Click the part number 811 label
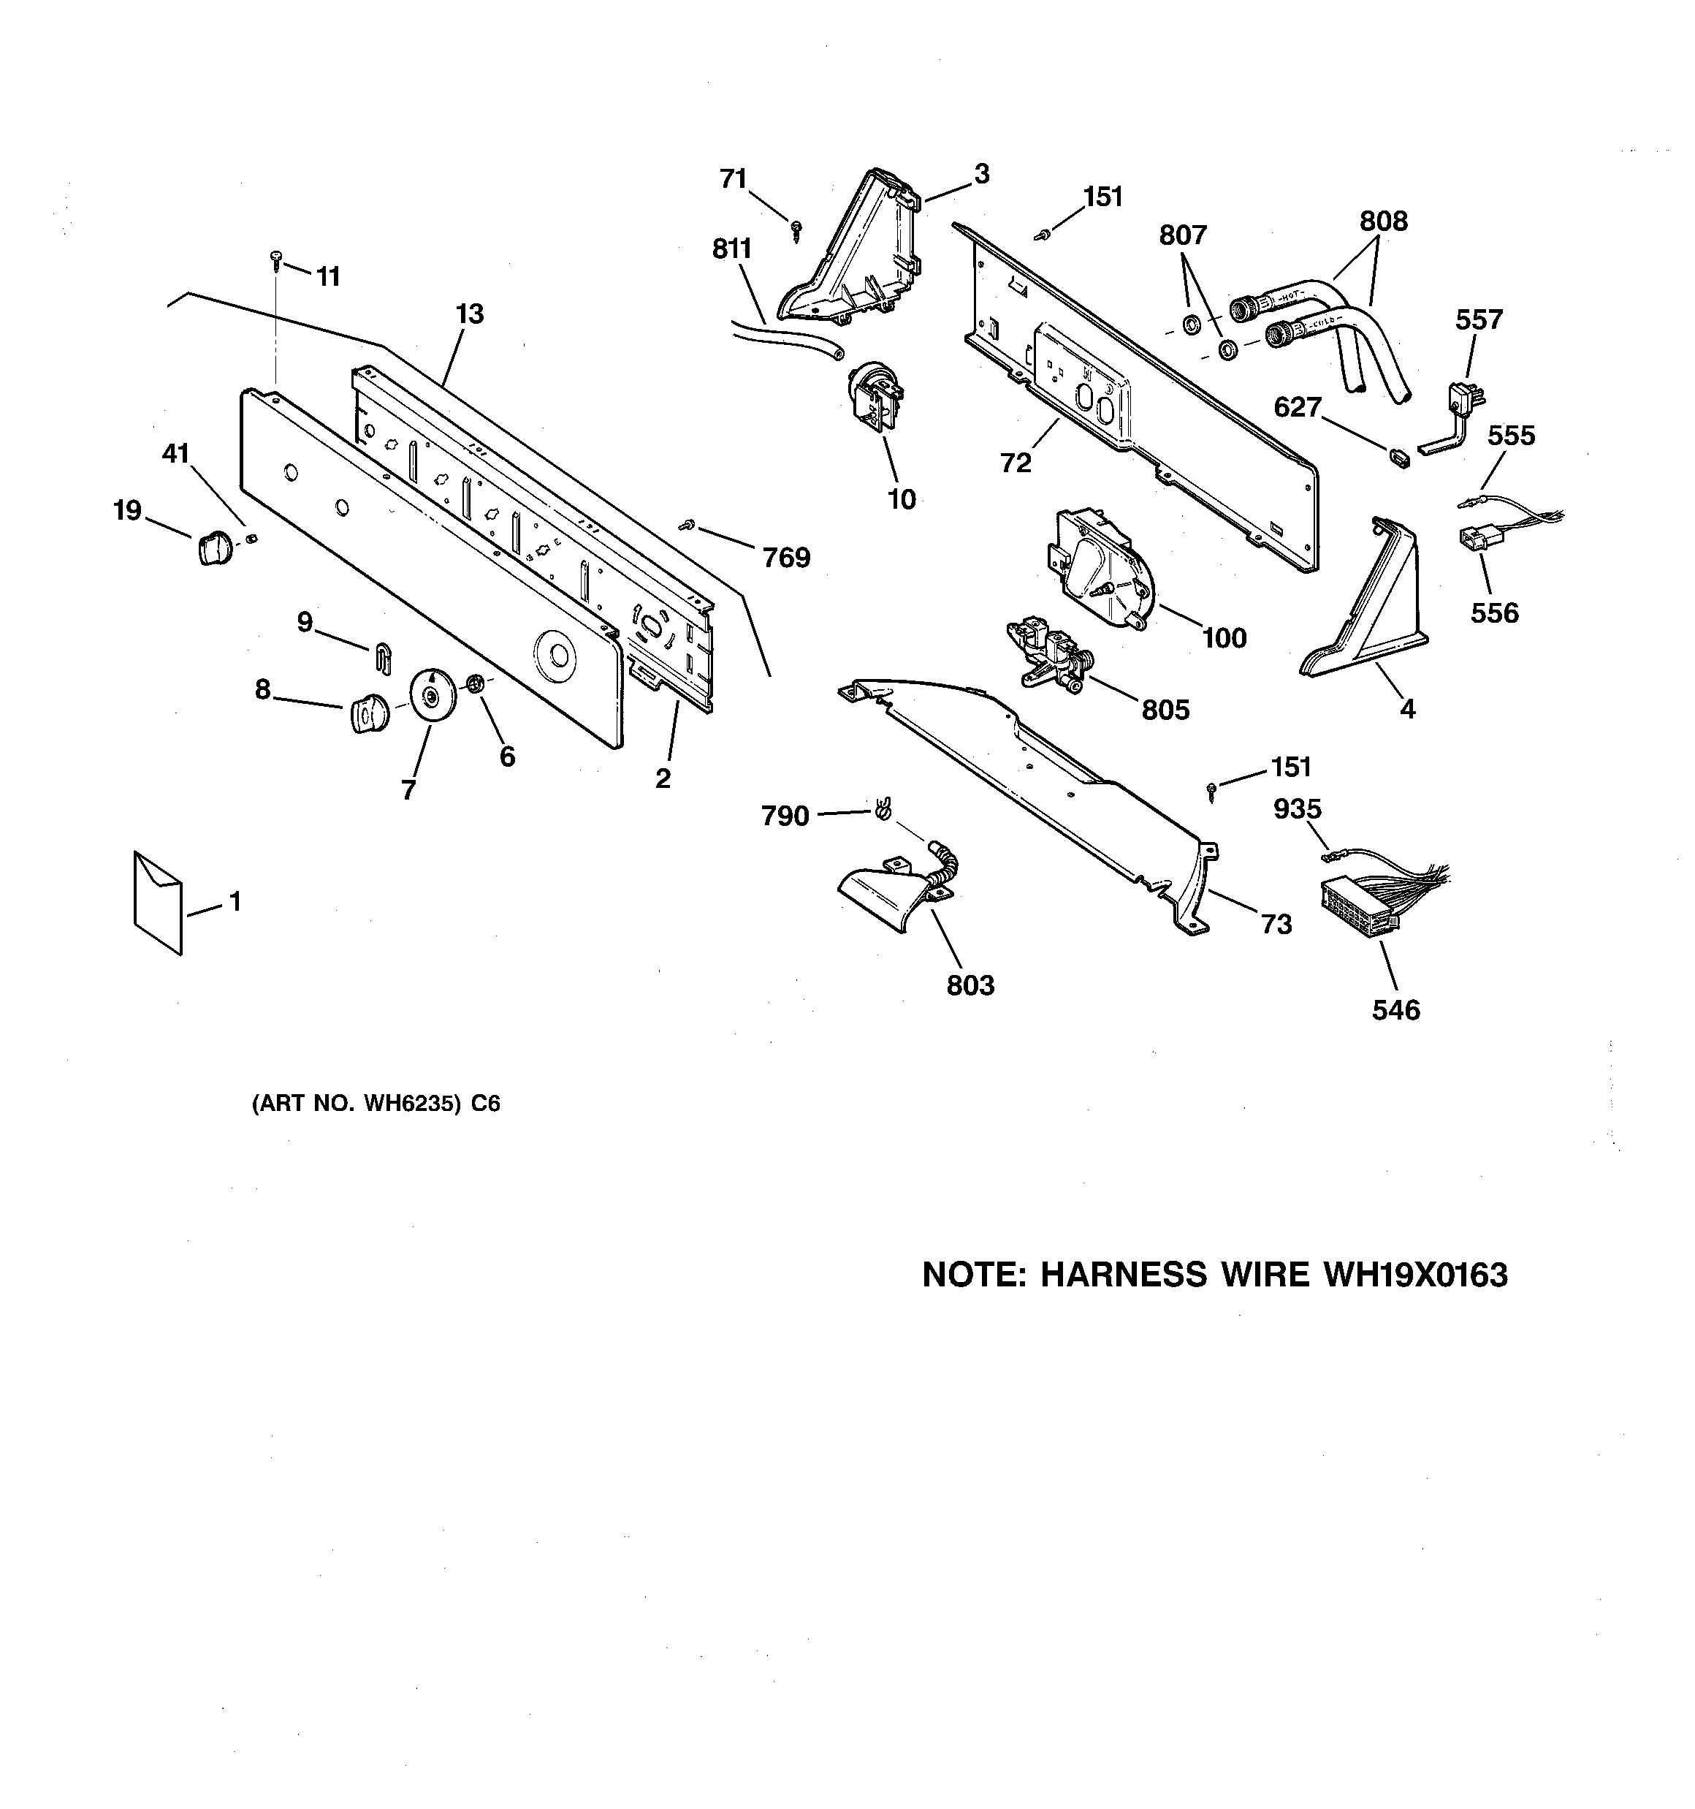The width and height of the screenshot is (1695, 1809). coord(731,249)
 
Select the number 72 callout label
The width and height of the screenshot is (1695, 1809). coord(1016,463)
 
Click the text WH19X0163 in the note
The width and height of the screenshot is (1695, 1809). coord(1414,1275)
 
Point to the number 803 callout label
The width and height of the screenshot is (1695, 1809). coord(970,985)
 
